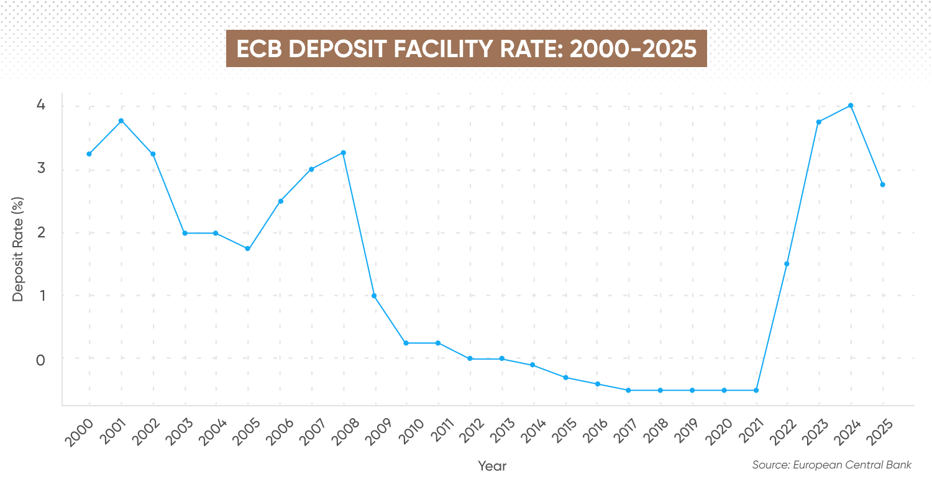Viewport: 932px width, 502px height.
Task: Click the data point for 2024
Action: coord(851,106)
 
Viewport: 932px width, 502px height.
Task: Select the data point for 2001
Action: coord(121,121)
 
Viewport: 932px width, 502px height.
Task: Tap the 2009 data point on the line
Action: coord(375,296)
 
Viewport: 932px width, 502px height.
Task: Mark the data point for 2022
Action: coord(787,264)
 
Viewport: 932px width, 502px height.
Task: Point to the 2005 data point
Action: coord(248,249)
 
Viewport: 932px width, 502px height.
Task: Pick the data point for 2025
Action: coord(882,185)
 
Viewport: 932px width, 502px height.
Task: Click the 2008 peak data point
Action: coord(343,153)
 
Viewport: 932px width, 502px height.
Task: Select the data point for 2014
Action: coord(533,365)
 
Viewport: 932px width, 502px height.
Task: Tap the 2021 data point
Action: coord(756,390)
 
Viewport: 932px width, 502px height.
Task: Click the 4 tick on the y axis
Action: coord(40,105)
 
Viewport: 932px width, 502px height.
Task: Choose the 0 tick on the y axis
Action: coord(40,359)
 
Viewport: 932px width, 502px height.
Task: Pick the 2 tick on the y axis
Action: coord(40,232)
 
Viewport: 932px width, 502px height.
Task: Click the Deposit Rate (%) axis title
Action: coord(18,249)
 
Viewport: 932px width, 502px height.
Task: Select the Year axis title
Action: coord(492,466)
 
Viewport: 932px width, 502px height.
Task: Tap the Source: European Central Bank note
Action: coord(831,465)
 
